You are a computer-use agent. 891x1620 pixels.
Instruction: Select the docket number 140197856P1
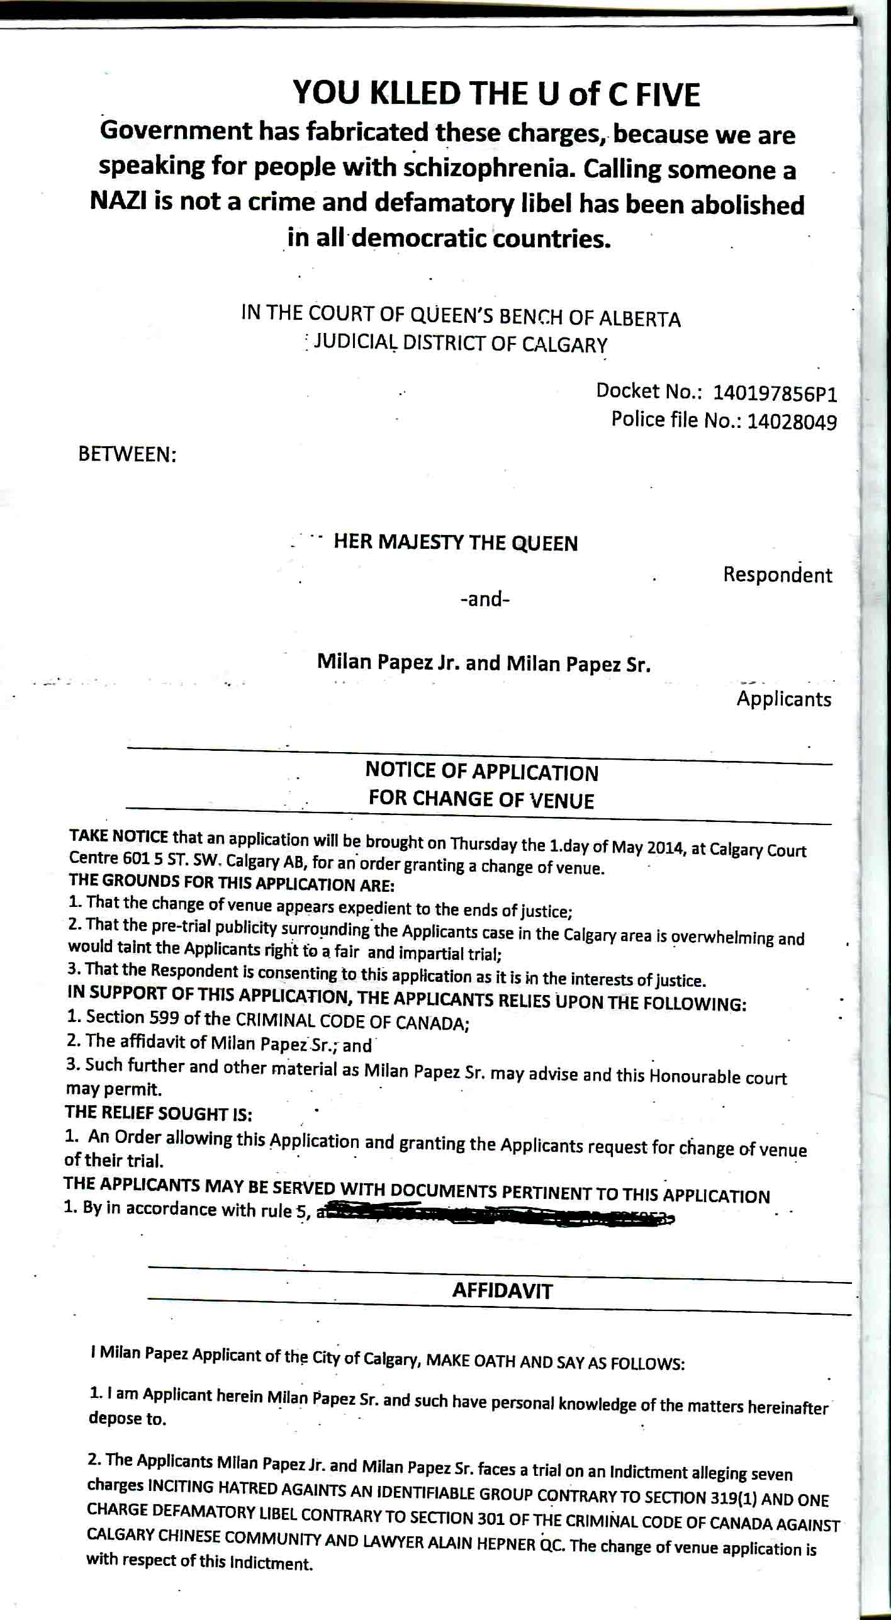(775, 393)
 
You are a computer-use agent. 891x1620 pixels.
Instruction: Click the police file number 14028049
(792, 422)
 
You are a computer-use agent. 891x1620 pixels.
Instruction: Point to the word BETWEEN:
(127, 454)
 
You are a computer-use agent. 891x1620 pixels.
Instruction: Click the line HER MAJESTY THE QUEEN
(456, 543)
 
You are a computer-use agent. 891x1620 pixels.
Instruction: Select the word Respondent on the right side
(777, 575)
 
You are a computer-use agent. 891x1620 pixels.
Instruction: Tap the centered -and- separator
(485, 598)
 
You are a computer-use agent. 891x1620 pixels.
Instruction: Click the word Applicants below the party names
(784, 699)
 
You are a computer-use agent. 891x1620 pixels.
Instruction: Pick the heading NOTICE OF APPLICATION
(481, 772)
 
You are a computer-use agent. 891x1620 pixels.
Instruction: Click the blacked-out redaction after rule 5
(497, 1215)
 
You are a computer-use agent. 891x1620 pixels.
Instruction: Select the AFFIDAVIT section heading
(502, 1291)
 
